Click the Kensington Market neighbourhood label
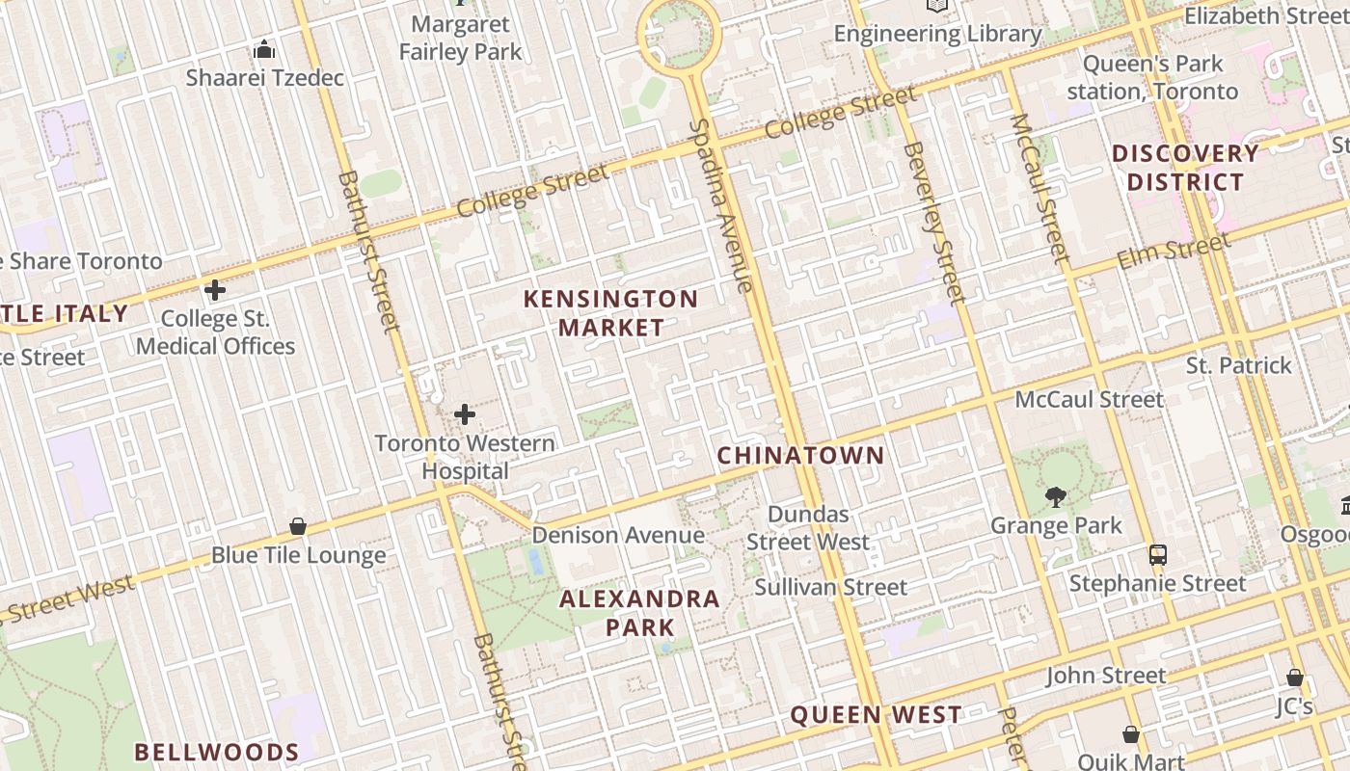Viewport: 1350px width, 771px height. tap(611, 313)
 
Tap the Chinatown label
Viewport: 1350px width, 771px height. tap(800, 455)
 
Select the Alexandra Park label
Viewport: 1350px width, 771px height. tap(640, 613)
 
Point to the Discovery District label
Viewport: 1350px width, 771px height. tap(1185, 168)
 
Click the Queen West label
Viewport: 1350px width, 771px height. tap(876, 715)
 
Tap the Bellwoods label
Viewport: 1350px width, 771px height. tap(216, 752)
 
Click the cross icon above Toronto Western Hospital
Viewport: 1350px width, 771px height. tap(465, 414)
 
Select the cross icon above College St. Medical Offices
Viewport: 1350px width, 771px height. tap(215, 289)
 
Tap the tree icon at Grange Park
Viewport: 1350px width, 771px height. tap(1056, 497)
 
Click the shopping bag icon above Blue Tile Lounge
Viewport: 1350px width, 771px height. tap(298, 526)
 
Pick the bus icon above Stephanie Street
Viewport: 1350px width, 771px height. tap(1158, 555)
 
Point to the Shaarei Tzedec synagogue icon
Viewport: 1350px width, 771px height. tap(264, 49)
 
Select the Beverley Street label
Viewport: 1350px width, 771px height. tap(934, 222)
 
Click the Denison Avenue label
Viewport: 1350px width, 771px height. tap(618, 535)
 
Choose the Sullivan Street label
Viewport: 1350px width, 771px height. tap(830, 587)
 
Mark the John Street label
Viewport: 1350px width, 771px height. tap(1106, 676)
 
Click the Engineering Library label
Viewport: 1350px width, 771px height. tap(937, 34)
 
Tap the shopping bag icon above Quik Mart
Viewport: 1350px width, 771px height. tap(1131, 734)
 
